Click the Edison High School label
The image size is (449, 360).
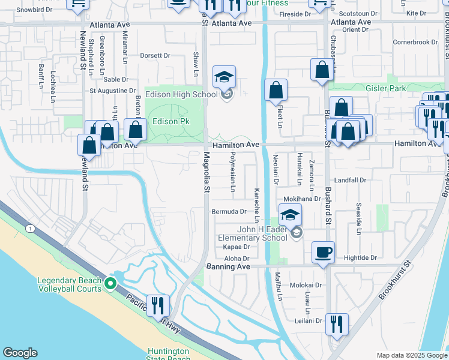pos(188,94)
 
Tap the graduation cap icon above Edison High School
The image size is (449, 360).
pos(224,77)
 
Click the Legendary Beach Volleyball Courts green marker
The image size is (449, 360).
pos(110,283)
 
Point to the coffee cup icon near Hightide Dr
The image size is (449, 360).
pos(323,252)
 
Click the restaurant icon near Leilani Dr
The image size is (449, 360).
pos(337,325)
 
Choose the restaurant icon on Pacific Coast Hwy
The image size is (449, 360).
pos(157,305)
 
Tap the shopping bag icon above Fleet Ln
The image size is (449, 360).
pos(276,91)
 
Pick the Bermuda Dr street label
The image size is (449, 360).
pos(229,211)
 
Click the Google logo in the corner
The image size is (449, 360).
pos(20,352)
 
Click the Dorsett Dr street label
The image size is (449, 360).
pos(155,55)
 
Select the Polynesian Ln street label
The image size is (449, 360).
pos(232,174)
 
